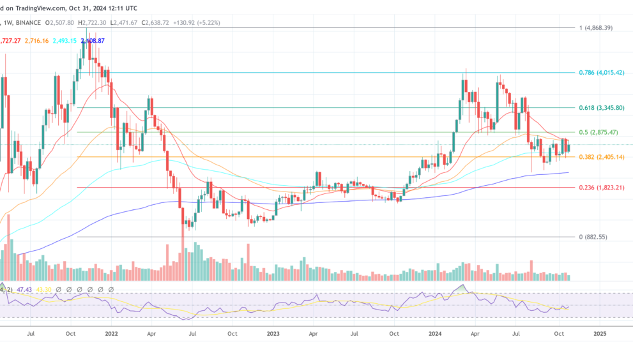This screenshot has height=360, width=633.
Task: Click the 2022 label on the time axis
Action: click(112, 333)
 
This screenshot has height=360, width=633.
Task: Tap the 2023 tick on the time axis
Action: click(273, 333)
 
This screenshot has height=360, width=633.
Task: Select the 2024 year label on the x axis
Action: click(436, 333)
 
